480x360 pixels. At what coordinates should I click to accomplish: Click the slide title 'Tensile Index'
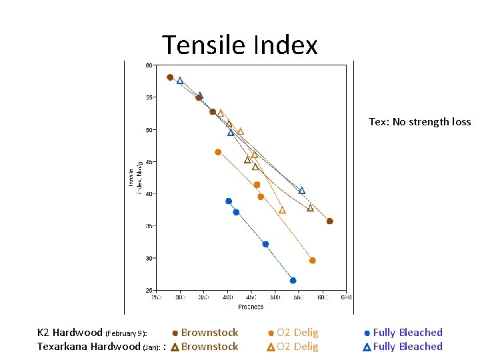click(240, 45)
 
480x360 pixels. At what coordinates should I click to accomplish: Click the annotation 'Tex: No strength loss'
click(419, 122)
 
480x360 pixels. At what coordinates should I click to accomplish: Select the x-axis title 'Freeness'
click(251, 307)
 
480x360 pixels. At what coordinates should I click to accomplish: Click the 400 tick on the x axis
click(228, 298)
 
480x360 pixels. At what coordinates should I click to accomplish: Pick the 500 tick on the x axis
click(275, 298)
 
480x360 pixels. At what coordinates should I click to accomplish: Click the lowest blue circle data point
click(293, 281)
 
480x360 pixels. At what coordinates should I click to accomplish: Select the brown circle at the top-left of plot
click(170, 77)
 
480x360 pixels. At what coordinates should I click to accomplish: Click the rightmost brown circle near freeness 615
click(329, 221)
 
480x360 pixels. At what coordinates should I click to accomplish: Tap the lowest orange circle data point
click(312, 261)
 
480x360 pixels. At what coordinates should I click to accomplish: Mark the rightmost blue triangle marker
click(301, 191)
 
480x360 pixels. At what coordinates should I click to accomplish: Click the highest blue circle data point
click(229, 201)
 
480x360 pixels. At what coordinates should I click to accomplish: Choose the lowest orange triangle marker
click(282, 210)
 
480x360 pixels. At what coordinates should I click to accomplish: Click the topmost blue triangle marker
click(180, 81)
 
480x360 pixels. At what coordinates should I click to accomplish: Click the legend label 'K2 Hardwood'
click(69, 333)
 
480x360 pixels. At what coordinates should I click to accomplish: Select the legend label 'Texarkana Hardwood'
click(88, 347)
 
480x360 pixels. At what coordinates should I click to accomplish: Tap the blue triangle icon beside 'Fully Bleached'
click(367, 347)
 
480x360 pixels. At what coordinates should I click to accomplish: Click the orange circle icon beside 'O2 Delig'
click(271, 333)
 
